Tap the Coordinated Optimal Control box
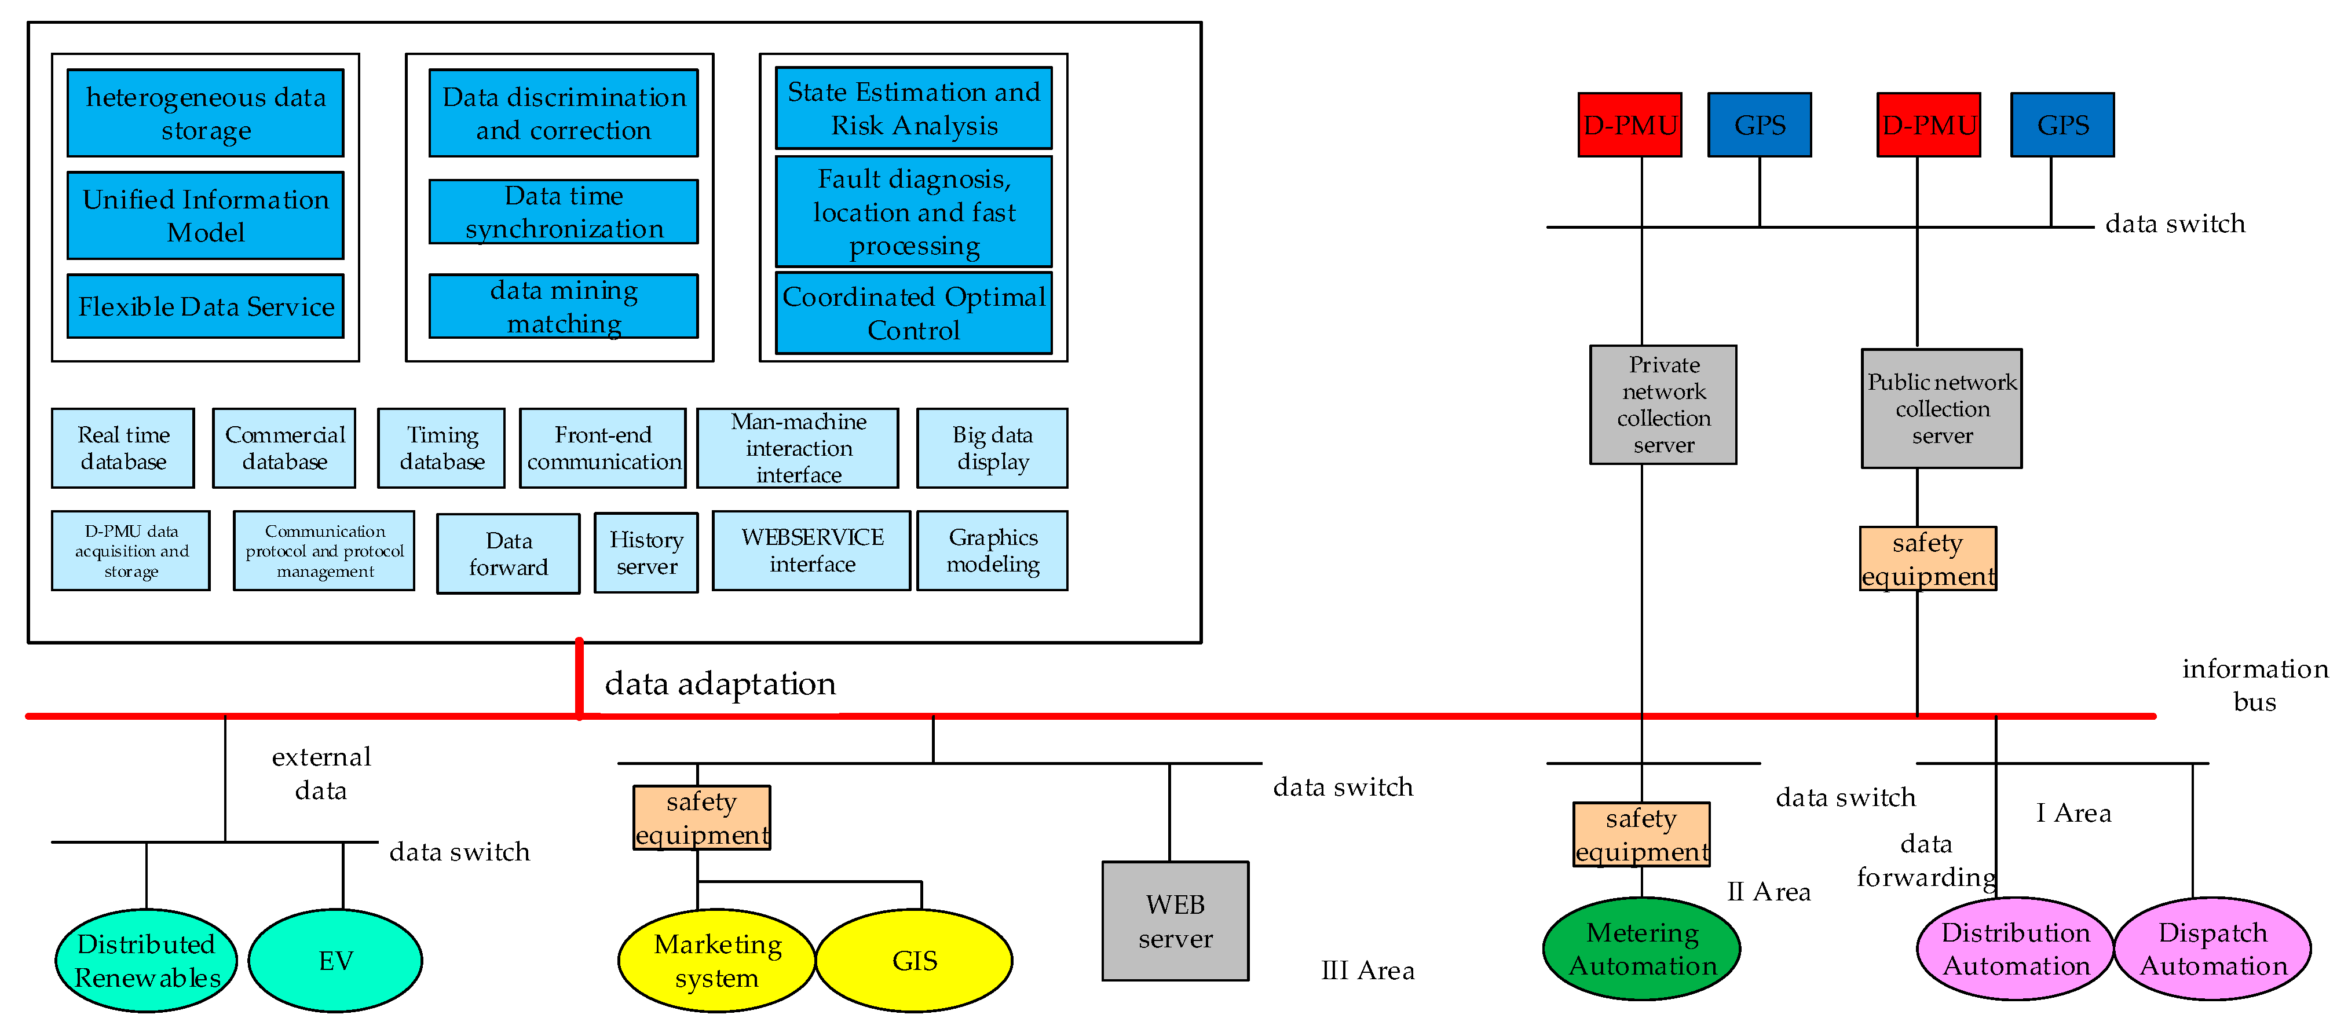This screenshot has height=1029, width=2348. tap(913, 313)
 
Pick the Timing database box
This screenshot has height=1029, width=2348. tap(441, 448)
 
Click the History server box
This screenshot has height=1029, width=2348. tap(646, 552)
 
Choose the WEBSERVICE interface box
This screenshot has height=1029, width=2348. tap(811, 551)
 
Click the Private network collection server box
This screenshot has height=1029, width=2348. tap(1663, 405)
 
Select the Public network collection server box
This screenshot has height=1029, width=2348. tap(1941, 408)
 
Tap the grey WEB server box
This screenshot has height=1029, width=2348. tap(1175, 921)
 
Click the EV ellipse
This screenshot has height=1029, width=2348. tap(335, 961)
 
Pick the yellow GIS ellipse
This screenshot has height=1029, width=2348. tap(914, 961)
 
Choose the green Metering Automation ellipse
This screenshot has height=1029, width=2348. tap(1641, 949)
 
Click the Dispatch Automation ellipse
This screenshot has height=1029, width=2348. tap(2212, 949)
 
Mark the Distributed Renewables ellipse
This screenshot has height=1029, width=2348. tap(146, 961)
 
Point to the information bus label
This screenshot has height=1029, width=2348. tap(2254, 684)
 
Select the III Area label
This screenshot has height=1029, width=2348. tap(1367, 971)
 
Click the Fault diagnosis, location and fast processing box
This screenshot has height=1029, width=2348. tap(913, 211)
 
